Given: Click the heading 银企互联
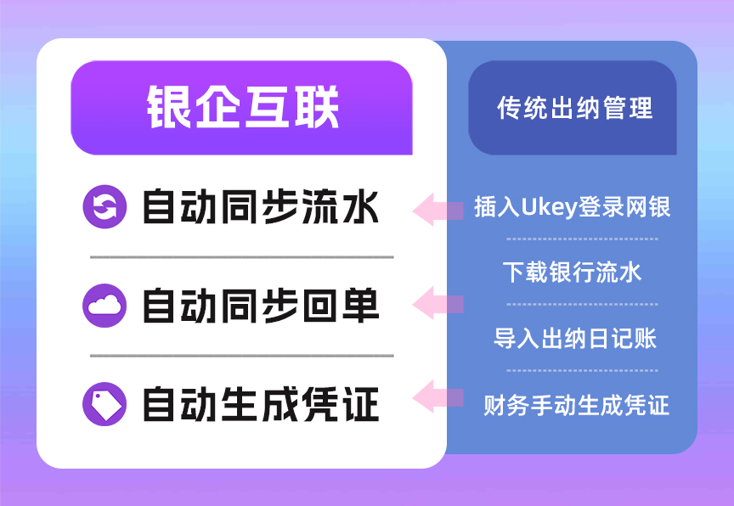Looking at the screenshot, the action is (242, 109).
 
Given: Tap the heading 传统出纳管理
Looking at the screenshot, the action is (574, 109).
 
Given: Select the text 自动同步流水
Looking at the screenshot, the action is (260, 207).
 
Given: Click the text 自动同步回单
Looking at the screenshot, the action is (260, 306).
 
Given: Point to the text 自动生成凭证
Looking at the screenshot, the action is (260, 404).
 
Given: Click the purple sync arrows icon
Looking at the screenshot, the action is (104, 207).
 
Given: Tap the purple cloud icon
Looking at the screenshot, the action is (104, 306).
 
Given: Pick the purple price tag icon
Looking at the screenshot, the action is (104, 404).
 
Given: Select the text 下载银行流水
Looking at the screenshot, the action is (572, 272).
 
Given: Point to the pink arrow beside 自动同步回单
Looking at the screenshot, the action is (438, 303).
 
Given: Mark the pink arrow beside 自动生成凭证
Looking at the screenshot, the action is (438, 396).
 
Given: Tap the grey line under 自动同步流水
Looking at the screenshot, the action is (242, 256).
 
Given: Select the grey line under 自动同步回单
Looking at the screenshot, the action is (242, 356).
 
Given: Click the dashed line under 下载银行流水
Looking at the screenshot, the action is (582, 304).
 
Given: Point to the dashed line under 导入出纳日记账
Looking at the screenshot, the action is (582, 370).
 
